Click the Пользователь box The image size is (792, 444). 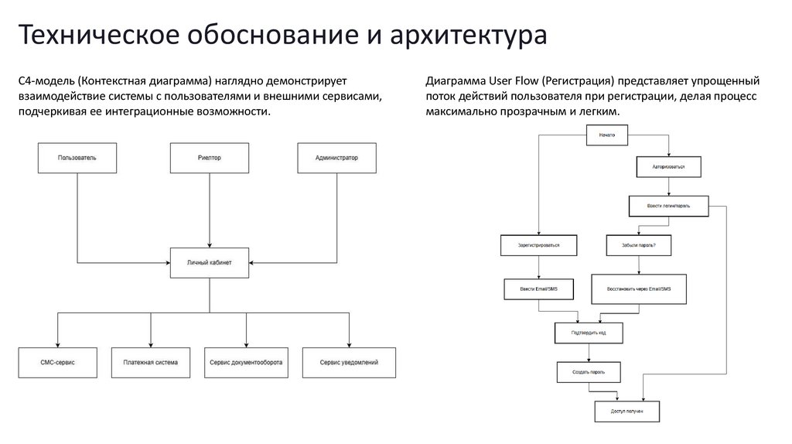[77, 158]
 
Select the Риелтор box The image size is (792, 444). [209, 158]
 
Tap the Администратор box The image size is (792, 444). [336, 158]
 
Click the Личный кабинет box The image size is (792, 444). [209, 261]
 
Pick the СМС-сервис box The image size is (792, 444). [57, 362]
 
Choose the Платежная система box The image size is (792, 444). [150, 362]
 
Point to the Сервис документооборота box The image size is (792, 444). [245, 362]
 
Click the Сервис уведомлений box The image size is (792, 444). [349, 362]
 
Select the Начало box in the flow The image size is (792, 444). [606, 135]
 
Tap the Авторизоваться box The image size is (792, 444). [668, 166]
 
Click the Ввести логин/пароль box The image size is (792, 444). [668, 207]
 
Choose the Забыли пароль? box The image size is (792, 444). [638, 245]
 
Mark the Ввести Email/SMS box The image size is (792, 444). [539, 289]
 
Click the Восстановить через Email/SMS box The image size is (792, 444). [638, 289]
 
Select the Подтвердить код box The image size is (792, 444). [588, 333]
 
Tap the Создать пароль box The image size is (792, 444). [588, 372]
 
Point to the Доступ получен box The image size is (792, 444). [626, 412]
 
